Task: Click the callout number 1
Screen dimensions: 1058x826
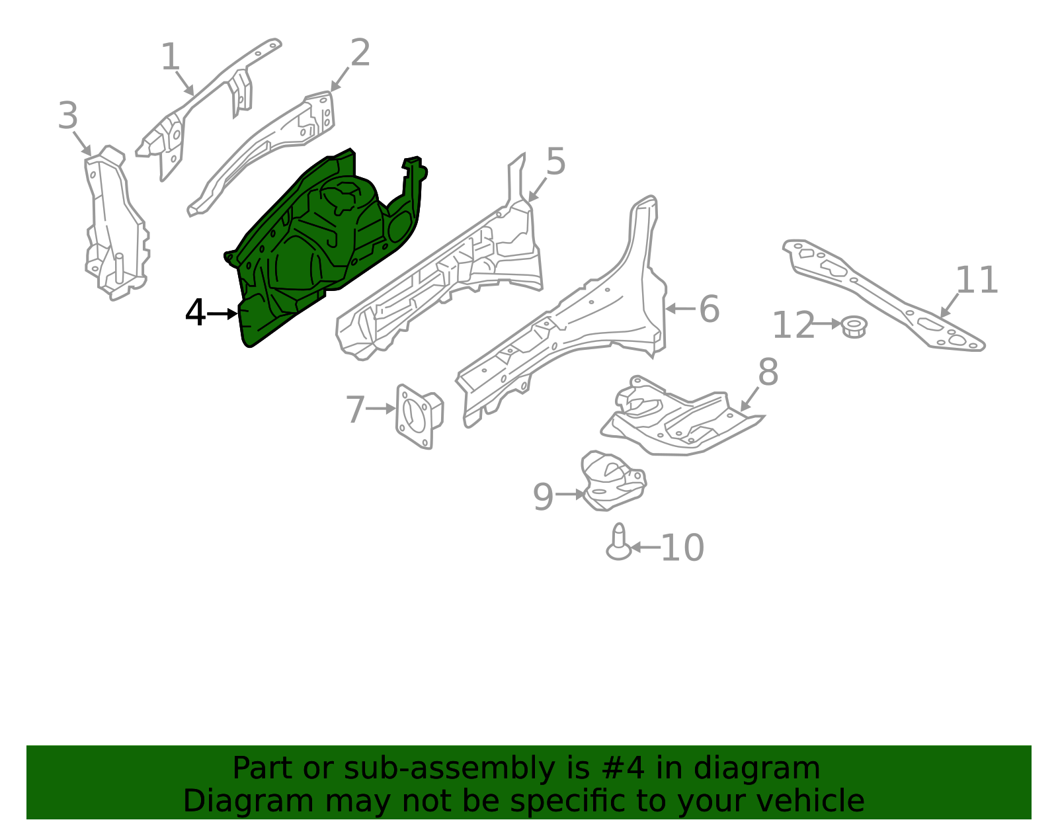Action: pos(171,56)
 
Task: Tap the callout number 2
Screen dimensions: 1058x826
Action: pos(360,52)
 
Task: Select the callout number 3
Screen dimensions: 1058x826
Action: pos(67,115)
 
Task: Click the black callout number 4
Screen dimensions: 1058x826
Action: pos(195,313)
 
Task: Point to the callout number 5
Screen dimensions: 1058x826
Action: pos(556,161)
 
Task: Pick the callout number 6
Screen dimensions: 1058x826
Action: pos(709,309)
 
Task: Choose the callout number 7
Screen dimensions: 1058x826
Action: pos(355,409)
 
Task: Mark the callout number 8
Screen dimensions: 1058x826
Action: pos(768,372)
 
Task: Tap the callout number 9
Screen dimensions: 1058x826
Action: pos(544,497)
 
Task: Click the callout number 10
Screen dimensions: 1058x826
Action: pos(682,548)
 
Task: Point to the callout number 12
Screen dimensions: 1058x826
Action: pos(793,325)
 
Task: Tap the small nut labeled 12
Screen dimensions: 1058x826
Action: pos(854,327)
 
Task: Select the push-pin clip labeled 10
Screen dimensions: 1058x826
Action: pos(619,542)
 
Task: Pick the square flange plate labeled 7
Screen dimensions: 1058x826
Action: pos(419,417)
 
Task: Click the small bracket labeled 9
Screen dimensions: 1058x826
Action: pos(614,481)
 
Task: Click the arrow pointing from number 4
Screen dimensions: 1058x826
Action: pos(222,314)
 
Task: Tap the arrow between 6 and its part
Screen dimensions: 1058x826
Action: pos(680,309)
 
